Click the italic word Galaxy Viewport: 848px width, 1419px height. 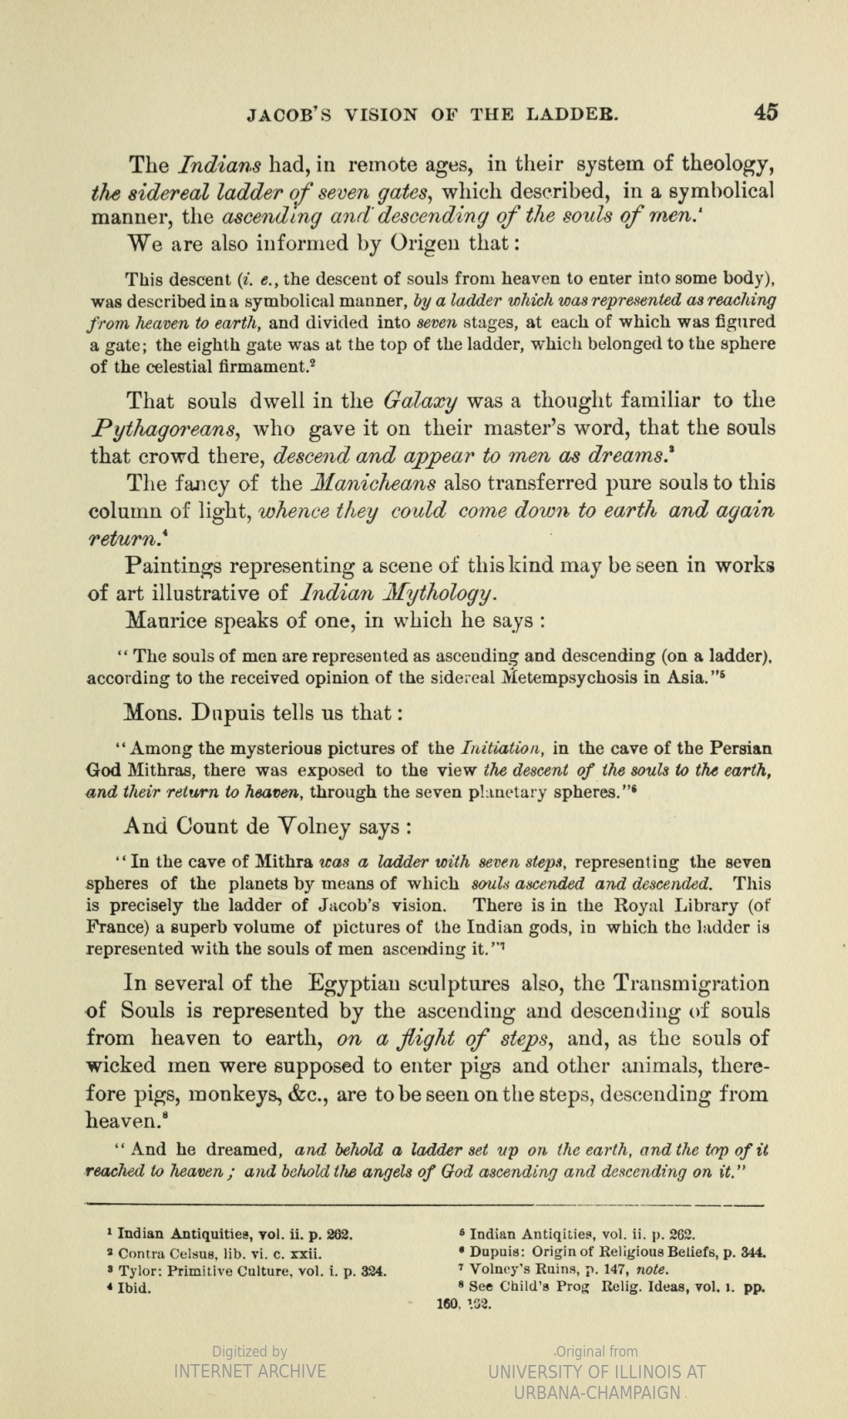(421, 401)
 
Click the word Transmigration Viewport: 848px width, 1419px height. (693, 983)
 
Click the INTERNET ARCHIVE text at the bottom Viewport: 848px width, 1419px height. (249, 1371)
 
